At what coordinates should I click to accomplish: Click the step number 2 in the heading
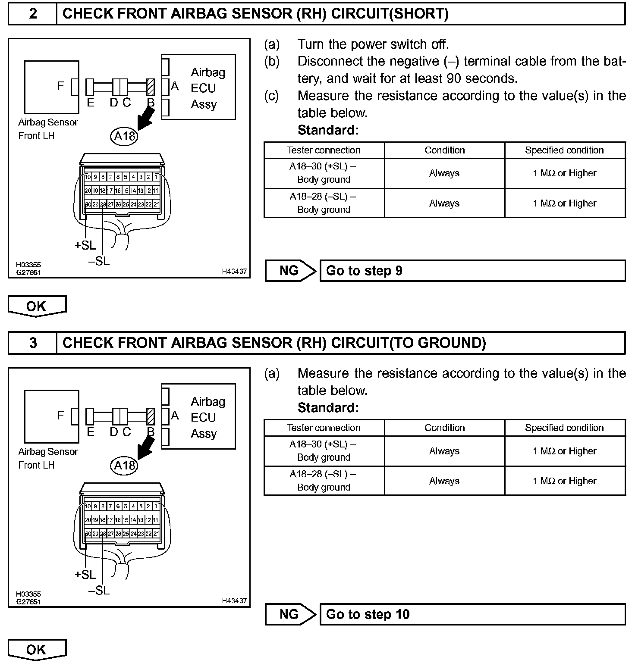[33, 13]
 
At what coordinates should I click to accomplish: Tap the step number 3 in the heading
[33, 343]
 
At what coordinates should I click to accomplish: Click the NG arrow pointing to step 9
[290, 271]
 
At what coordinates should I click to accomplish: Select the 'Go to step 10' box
[472, 614]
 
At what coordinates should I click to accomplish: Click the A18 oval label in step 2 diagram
[124, 136]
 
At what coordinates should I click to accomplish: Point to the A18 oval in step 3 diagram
[124, 466]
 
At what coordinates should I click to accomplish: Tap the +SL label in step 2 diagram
[85, 245]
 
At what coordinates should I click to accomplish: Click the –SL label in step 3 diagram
[99, 590]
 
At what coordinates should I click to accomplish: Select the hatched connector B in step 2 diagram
[151, 87]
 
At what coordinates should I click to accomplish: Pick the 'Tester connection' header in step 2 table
[324, 150]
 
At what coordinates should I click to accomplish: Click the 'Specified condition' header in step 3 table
[564, 428]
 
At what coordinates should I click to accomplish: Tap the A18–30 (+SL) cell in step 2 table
[324, 173]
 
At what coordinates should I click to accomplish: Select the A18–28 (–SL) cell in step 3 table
[324, 481]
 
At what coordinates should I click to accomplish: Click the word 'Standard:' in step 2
[328, 130]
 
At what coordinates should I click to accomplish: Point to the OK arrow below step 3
[37, 650]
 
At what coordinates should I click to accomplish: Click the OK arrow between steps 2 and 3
[37, 306]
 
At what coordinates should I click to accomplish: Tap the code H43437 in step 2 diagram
[234, 271]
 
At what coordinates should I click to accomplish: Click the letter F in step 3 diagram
[60, 415]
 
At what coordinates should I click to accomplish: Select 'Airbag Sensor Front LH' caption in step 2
[48, 129]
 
